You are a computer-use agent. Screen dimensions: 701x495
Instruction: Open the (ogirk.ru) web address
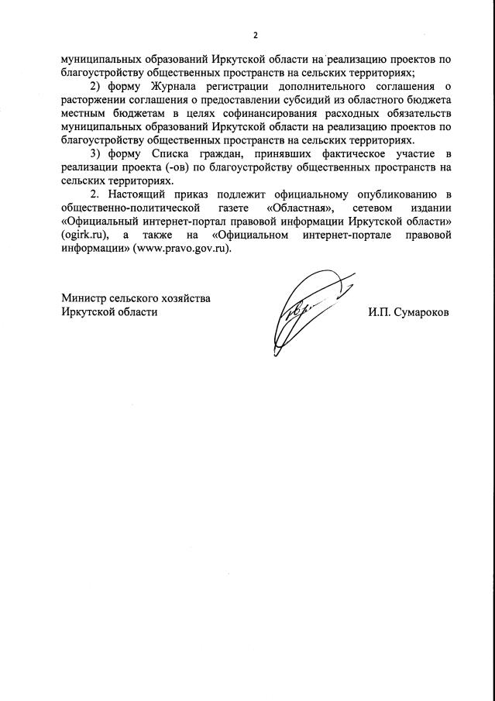pos(84,237)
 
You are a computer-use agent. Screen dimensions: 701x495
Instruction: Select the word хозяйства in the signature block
pos(182,298)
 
